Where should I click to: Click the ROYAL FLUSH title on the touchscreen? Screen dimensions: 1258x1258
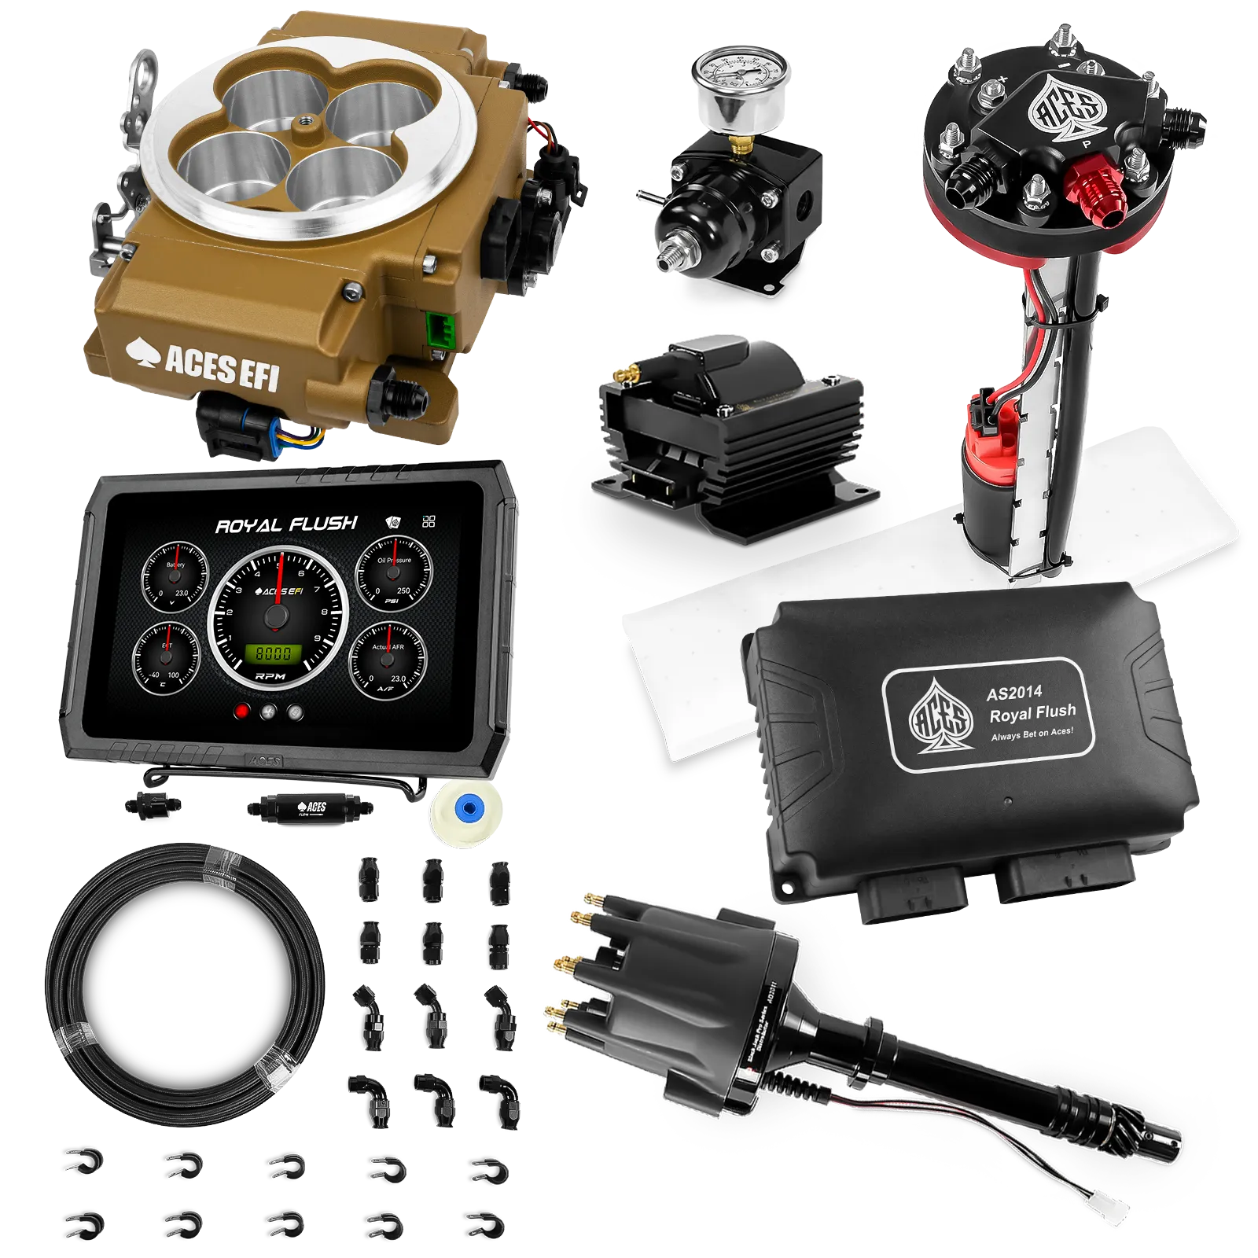pos(286,524)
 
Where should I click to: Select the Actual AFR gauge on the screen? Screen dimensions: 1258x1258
pos(388,659)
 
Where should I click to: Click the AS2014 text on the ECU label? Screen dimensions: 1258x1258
pos(1014,693)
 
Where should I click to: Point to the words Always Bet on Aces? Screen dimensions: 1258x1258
pos(1032,734)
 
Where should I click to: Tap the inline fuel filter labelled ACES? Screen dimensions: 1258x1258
pos(311,807)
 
